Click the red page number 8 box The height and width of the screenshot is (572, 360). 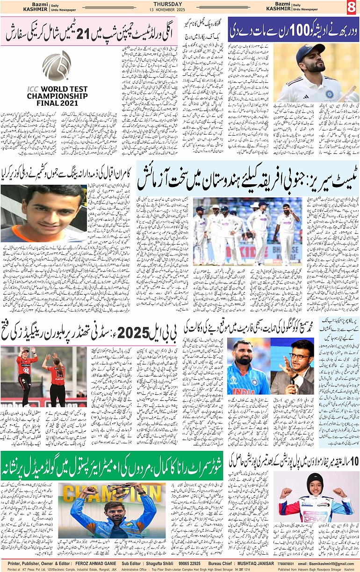(x=352, y=7)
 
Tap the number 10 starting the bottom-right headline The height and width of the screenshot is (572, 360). (x=353, y=460)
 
